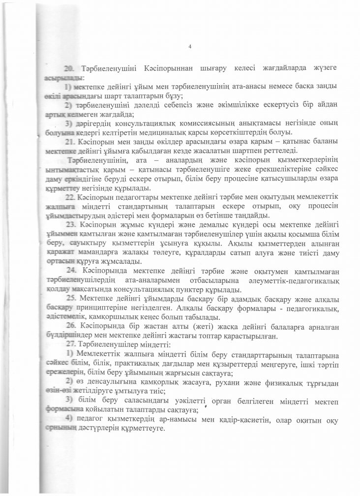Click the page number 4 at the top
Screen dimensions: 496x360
click(189, 47)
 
